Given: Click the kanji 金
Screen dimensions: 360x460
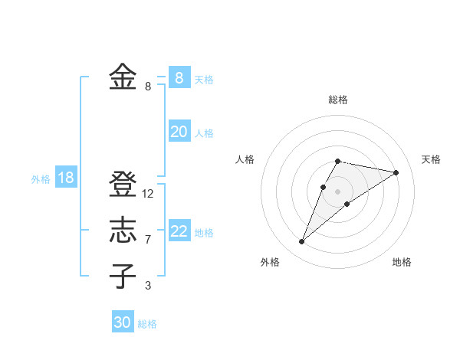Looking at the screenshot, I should point(123,77).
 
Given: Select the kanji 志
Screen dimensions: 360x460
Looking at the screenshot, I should point(123,231).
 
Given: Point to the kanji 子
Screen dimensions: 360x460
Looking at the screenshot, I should point(123,277).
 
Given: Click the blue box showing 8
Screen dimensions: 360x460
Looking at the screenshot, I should point(179,77).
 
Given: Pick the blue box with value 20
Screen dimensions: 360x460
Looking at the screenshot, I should point(179,132).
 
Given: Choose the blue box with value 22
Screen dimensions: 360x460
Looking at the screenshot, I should point(179,231).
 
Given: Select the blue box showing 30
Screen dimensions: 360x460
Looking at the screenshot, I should point(123,322).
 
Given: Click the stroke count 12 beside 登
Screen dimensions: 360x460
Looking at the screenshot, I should point(148,194).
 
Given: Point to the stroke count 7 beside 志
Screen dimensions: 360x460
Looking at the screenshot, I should point(148,240).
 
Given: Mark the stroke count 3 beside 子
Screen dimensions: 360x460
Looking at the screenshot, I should point(148,286).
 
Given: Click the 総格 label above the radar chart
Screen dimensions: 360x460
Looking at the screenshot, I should point(337,100).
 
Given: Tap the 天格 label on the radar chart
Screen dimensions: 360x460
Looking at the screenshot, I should point(431,159).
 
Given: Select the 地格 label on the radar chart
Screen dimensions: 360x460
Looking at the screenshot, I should point(402,262).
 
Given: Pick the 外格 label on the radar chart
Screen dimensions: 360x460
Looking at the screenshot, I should point(270,262).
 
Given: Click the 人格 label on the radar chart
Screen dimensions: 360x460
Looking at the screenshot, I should point(245,159).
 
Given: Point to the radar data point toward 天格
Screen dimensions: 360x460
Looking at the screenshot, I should point(396,172).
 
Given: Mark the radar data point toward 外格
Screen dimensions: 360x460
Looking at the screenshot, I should point(302,241).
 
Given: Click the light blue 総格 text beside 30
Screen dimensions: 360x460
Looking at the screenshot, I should point(147,324).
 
